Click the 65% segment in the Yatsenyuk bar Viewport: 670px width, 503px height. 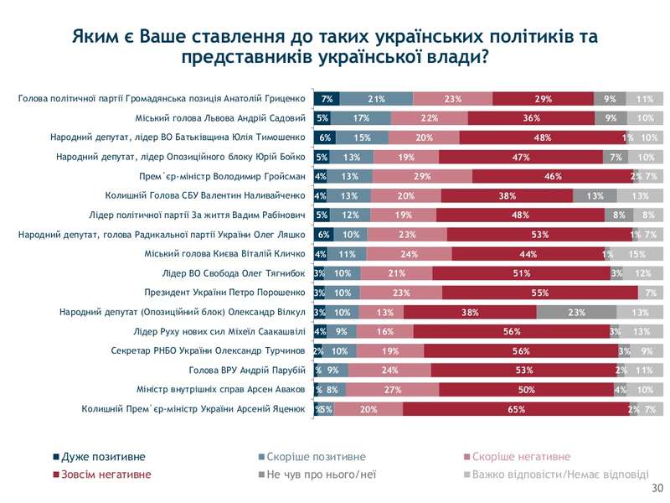tap(516, 409)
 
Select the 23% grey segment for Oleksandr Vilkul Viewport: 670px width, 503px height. tap(576, 312)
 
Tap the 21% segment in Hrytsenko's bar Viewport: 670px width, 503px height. tap(376, 99)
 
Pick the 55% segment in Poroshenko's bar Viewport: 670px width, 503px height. tap(539, 293)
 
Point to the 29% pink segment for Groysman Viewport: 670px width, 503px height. tap(421, 176)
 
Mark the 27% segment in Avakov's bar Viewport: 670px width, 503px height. tap(391, 390)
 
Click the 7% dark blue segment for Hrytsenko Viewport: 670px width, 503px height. tap(327, 99)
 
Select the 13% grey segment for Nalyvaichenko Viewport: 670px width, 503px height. tap(595, 196)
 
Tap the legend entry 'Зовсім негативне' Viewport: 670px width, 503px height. tap(107, 474)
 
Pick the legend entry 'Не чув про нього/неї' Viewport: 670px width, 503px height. tap(322, 474)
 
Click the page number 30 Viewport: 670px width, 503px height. tap(657, 489)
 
